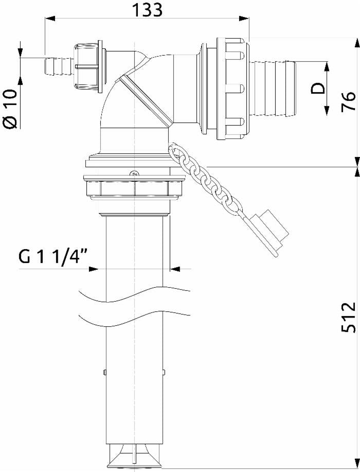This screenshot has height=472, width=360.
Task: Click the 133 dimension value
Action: (148, 10)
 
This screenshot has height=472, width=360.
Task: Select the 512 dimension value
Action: (349, 317)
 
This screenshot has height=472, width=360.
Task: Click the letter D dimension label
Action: (318, 89)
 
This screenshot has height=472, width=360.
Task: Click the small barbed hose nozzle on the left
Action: (59, 67)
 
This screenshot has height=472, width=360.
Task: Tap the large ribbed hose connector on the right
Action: (273, 88)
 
